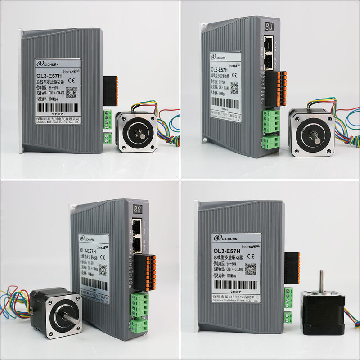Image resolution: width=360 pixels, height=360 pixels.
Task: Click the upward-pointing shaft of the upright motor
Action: tap(321, 281)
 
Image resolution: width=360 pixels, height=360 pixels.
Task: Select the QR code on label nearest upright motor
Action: tap(250, 269)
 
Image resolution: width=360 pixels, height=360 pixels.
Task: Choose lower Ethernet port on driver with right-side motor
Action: tap(270, 61)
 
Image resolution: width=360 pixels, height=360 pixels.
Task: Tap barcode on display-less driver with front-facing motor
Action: tap(57, 108)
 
